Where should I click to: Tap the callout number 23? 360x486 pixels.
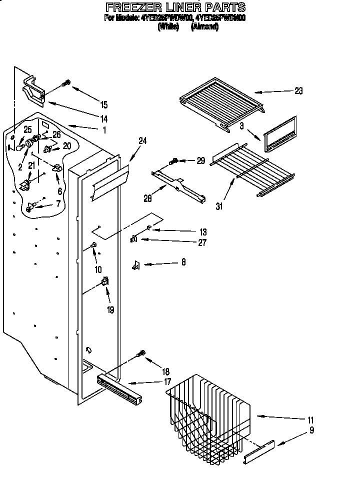(x=298, y=91)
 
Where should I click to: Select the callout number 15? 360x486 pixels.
(x=104, y=104)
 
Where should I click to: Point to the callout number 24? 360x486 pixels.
(x=142, y=141)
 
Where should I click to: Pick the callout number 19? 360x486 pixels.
(x=110, y=310)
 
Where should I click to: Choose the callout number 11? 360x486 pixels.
(x=310, y=419)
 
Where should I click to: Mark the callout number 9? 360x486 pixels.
(x=311, y=429)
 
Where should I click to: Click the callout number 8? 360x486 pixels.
(x=183, y=262)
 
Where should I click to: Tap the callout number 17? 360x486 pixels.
(x=167, y=382)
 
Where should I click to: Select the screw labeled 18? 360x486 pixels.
(x=141, y=354)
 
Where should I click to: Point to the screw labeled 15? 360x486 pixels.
(x=66, y=83)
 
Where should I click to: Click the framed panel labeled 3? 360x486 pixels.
(x=280, y=133)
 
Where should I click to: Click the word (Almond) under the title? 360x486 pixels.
(x=204, y=28)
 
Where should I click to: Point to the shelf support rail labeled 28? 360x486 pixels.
(x=179, y=184)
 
